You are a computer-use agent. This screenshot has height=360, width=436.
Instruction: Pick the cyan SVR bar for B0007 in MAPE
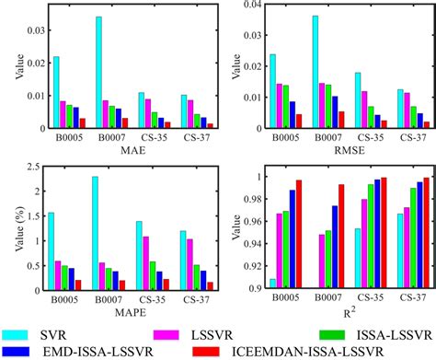pos(95,234)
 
